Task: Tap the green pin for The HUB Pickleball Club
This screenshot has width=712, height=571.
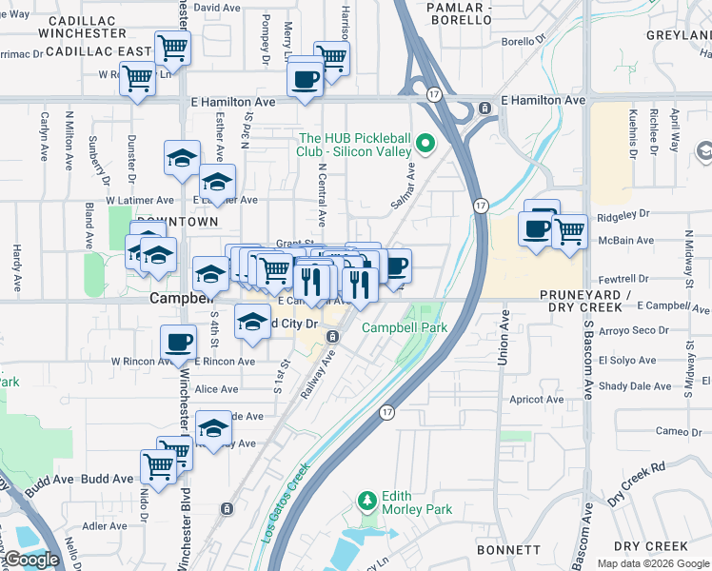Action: (x=425, y=146)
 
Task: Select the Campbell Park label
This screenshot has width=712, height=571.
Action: (x=404, y=327)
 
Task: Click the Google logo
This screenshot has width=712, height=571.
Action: (x=32, y=559)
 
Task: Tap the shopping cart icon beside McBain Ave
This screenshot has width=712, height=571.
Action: (x=569, y=230)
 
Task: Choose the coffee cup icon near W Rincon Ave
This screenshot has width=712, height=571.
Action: (x=178, y=343)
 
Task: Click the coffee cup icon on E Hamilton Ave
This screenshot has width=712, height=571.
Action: (x=305, y=80)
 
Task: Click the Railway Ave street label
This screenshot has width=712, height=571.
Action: (x=322, y=371)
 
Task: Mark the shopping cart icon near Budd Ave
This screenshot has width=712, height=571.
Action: (x=158, y=466)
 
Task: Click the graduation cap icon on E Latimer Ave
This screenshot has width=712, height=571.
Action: (x=217, y=181)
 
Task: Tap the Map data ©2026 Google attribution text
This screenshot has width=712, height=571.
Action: (x=652, y=563)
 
